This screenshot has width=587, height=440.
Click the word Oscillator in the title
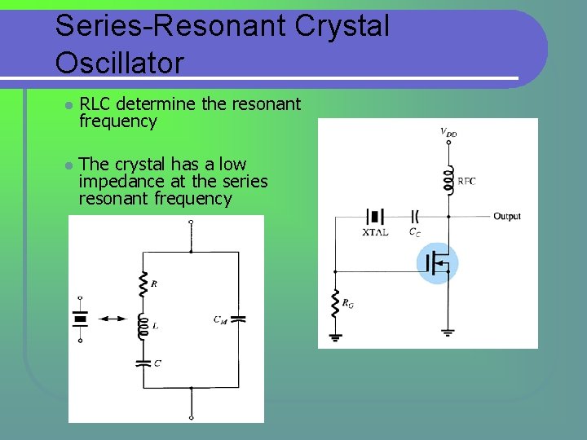click(120, 62)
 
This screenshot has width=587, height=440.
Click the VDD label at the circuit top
click(448, 131)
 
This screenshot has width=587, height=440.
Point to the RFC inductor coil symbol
click(448, 181)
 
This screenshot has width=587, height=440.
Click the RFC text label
click(466, 181)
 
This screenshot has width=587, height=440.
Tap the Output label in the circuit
click(506, 216)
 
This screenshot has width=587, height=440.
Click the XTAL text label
click(376, 232)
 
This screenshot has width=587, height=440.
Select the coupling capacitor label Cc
click(414, 232)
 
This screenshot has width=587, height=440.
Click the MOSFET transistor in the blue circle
click(438, 263)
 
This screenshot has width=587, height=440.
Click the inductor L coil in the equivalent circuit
click(143, 326)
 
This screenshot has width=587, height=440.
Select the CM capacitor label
click(220, 319)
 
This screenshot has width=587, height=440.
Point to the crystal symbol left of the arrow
click(80, 319)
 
